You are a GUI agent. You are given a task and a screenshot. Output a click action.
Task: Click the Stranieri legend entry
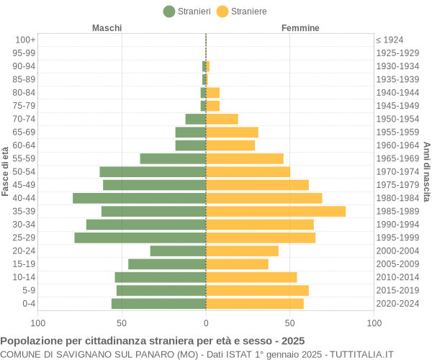tap(186, 12)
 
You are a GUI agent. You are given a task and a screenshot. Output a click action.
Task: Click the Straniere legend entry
tap(241, 12)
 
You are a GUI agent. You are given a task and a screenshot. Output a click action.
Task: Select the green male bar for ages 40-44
tap(139, 198)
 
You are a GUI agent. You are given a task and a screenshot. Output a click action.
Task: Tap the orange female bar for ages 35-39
tap(276, 211)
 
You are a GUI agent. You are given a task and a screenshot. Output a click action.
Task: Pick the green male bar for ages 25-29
tap(140, 238)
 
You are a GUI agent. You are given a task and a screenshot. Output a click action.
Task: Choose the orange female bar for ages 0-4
tap(255, 304)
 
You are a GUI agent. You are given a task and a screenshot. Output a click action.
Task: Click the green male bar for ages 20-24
tap(178, 251)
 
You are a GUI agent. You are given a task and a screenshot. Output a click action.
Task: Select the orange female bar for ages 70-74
tap(222, 119)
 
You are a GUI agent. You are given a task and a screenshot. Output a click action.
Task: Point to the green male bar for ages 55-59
tap(173, 158)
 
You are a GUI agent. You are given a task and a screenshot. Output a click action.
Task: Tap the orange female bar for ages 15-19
tap(237, 264)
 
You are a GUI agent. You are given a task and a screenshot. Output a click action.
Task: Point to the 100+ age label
tap(25, 40)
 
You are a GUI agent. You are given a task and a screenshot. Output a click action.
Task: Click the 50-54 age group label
tap(24, 171)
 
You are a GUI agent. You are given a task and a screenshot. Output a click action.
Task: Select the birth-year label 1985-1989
tap(397, 211)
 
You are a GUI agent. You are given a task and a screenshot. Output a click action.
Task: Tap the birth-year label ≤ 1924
tap(390, 40)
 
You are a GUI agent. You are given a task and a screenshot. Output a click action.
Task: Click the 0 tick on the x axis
tap(206, 323)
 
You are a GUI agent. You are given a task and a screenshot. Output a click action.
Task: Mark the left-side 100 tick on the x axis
tap(38, 323)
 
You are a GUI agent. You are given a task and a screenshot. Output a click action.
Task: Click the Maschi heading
tap(107, 28)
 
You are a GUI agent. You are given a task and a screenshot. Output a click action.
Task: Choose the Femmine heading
tap(300, 28)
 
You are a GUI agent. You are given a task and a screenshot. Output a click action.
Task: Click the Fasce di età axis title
tap(6, 171)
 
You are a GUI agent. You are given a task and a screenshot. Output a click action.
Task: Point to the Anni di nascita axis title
tap(426, 171)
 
